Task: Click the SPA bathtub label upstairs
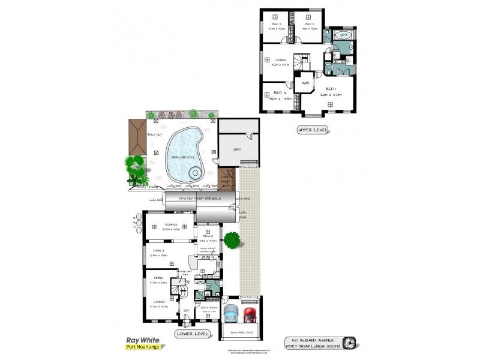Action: [x=343, y=36]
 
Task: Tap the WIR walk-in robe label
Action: [x=304, y=82]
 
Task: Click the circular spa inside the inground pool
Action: [x=195, y=173]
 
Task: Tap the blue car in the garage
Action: [x=230, y=315]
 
